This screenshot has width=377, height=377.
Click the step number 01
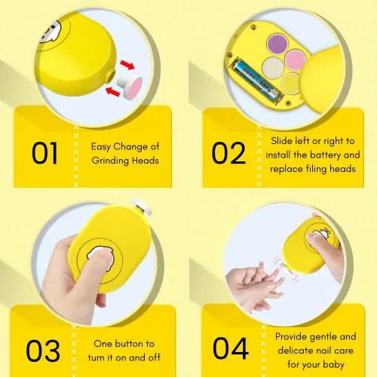pos(44,153)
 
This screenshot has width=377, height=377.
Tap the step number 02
pos(228,153)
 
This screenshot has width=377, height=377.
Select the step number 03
pos(43,351)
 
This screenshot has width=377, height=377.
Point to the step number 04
pos(231,348)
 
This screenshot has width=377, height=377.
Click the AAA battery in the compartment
pos(257,81)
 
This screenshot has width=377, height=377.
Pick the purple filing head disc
pos(277,44)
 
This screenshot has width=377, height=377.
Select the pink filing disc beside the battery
pos(296,60)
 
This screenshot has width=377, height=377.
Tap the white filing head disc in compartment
pos(273,68)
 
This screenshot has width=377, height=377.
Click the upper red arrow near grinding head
pos(127,65)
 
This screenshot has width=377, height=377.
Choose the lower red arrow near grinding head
pos(112,91)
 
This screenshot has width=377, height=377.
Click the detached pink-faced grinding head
pos(130,87)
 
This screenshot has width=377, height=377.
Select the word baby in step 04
pos(333,364)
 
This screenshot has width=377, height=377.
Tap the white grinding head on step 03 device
pos(142,206)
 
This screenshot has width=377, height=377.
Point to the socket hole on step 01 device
pos(112,76)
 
